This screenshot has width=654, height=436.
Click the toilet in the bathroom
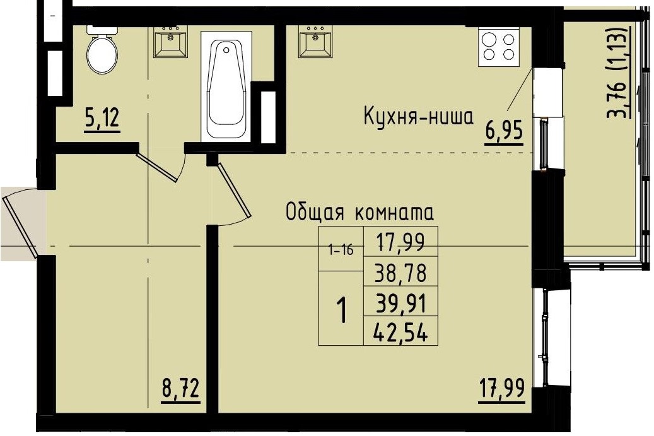pyautogui.click(x=102, y=52)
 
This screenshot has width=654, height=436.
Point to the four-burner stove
pyautogui.click(x=498, y=46)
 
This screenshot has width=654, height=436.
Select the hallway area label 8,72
pyautogui.click(x=180, y=388)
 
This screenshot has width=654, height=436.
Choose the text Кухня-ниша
pyautogui.click(x=418, y=117)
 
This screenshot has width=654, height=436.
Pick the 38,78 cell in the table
pyautogui.click(x=400, y=274)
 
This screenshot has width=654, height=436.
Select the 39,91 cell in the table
pyautogui.click(x=400, y=305)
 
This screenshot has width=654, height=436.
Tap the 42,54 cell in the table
pyautogui.click(x=400, y=333)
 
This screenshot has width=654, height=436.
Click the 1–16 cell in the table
pyautogui.click(x=341, y=250)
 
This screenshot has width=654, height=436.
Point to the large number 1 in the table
pyautogui.click(x=341, y=310)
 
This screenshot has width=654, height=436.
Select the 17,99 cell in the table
pyautogui.click(x=400, y=241)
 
